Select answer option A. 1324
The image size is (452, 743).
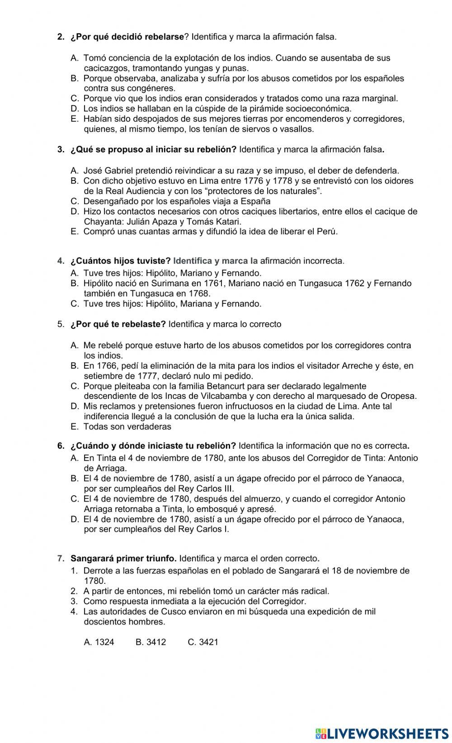coord(99,642)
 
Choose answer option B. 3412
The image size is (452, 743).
coord(151,642)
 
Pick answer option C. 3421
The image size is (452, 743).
coord(203,642)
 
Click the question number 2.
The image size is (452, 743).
coord(61,37)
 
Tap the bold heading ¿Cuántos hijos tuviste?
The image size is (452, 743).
coord(120,261)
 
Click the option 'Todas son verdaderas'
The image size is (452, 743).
coord(127,426)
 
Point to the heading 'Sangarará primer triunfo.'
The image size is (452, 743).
coord(130,558)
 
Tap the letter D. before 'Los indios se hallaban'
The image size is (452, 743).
coord(75,109)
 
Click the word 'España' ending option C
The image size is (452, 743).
coord(255,201)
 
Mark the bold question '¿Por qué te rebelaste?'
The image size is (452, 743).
coord(118,324)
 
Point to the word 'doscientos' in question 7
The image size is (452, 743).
coord(104,622)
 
